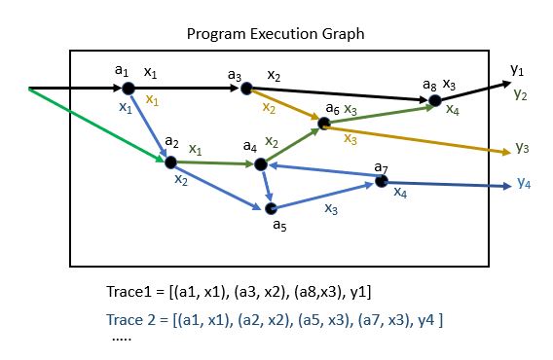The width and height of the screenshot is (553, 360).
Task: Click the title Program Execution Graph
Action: pyautogui.click(x=276, y=34)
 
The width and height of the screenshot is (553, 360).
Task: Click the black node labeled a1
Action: pyautogui.click(x=129, y=89)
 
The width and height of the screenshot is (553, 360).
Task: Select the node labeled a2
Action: pyautogui.click(x=171, y=162)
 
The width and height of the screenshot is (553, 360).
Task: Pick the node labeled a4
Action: pyautogui.click(x=260, y=164)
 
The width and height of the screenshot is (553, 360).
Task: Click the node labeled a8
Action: pyautogui.click(x=435, y=100)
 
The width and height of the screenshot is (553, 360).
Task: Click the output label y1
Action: pyautogui.click(x=517, y=70)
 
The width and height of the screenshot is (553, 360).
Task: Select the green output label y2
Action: pyautogui.click(x=521, y=94)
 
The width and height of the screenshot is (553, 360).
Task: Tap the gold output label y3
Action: pyautogui.click(x=522, y=148)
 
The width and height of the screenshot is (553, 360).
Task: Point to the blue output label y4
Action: pyautogui.click(x=524, y=182)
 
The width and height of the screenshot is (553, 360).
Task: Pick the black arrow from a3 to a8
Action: pyautogui.click(x=341, y=94)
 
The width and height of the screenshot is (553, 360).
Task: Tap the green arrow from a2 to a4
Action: pyautogui.click(x=214, y=163)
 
